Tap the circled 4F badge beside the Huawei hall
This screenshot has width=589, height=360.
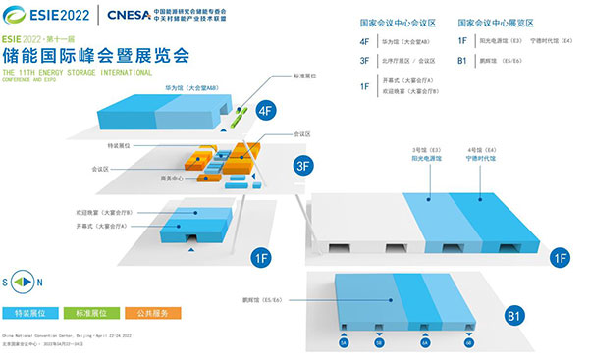tap(264, 111)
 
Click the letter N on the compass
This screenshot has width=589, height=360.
tap(39, 283)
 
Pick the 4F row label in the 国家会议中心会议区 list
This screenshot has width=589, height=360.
tap(364, 42)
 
